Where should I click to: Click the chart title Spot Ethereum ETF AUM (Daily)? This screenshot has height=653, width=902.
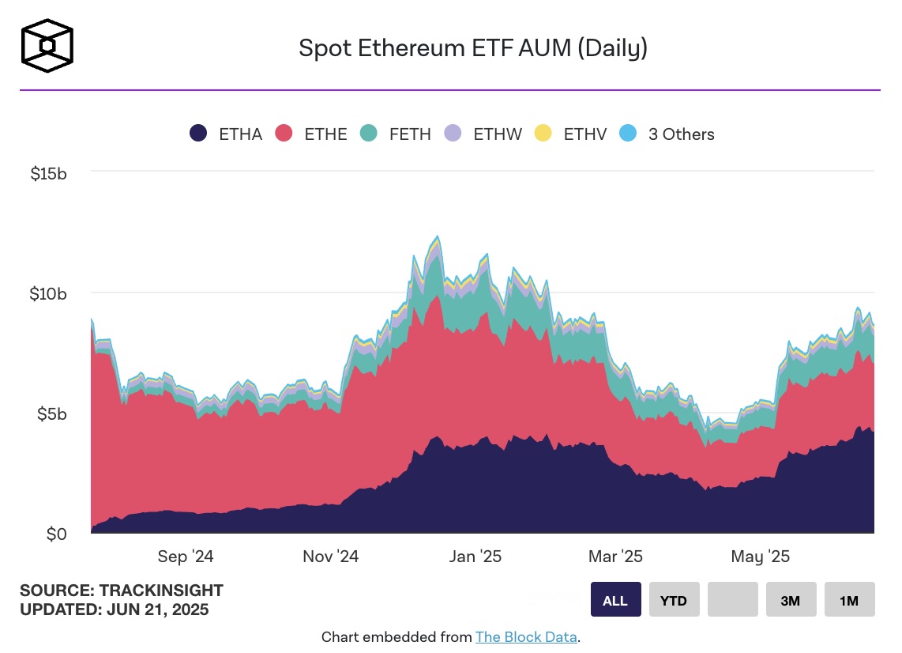coord(472,48)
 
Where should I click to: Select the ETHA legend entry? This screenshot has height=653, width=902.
coord(226,134)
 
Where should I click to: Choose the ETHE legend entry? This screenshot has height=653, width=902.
coord(311,134)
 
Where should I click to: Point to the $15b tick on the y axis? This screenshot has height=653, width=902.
coord(48,172)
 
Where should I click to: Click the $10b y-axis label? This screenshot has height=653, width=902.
coord(48,293)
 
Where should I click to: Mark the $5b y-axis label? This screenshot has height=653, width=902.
coord(51,414)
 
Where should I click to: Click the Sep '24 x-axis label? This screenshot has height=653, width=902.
coord(186,557)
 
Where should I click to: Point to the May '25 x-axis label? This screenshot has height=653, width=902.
coord(760,557)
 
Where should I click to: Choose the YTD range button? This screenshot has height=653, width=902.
coord(674,600)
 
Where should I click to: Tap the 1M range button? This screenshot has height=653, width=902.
coord(849,600)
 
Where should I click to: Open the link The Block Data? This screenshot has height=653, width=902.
coord(525,636)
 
